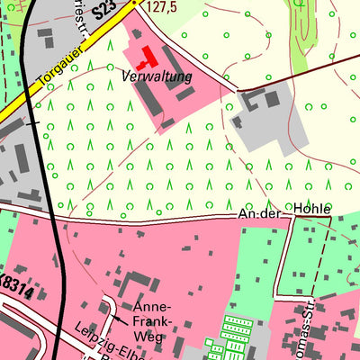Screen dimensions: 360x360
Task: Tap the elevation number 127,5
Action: pyautogui.click(x=157, y=8)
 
